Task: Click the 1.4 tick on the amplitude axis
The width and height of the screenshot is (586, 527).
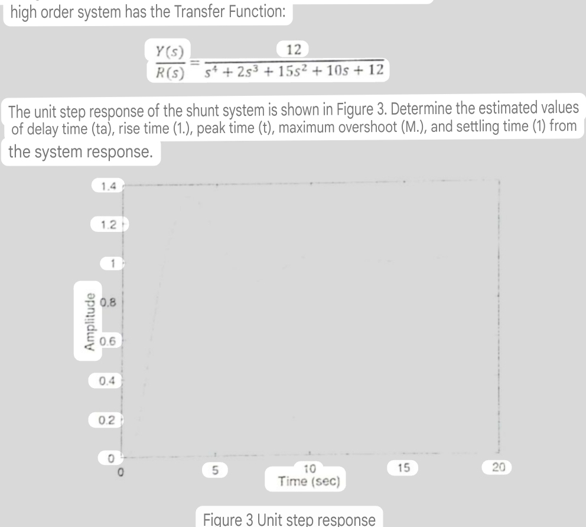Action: point(108,187)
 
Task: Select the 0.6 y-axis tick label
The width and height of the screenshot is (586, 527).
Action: point(107,341)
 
